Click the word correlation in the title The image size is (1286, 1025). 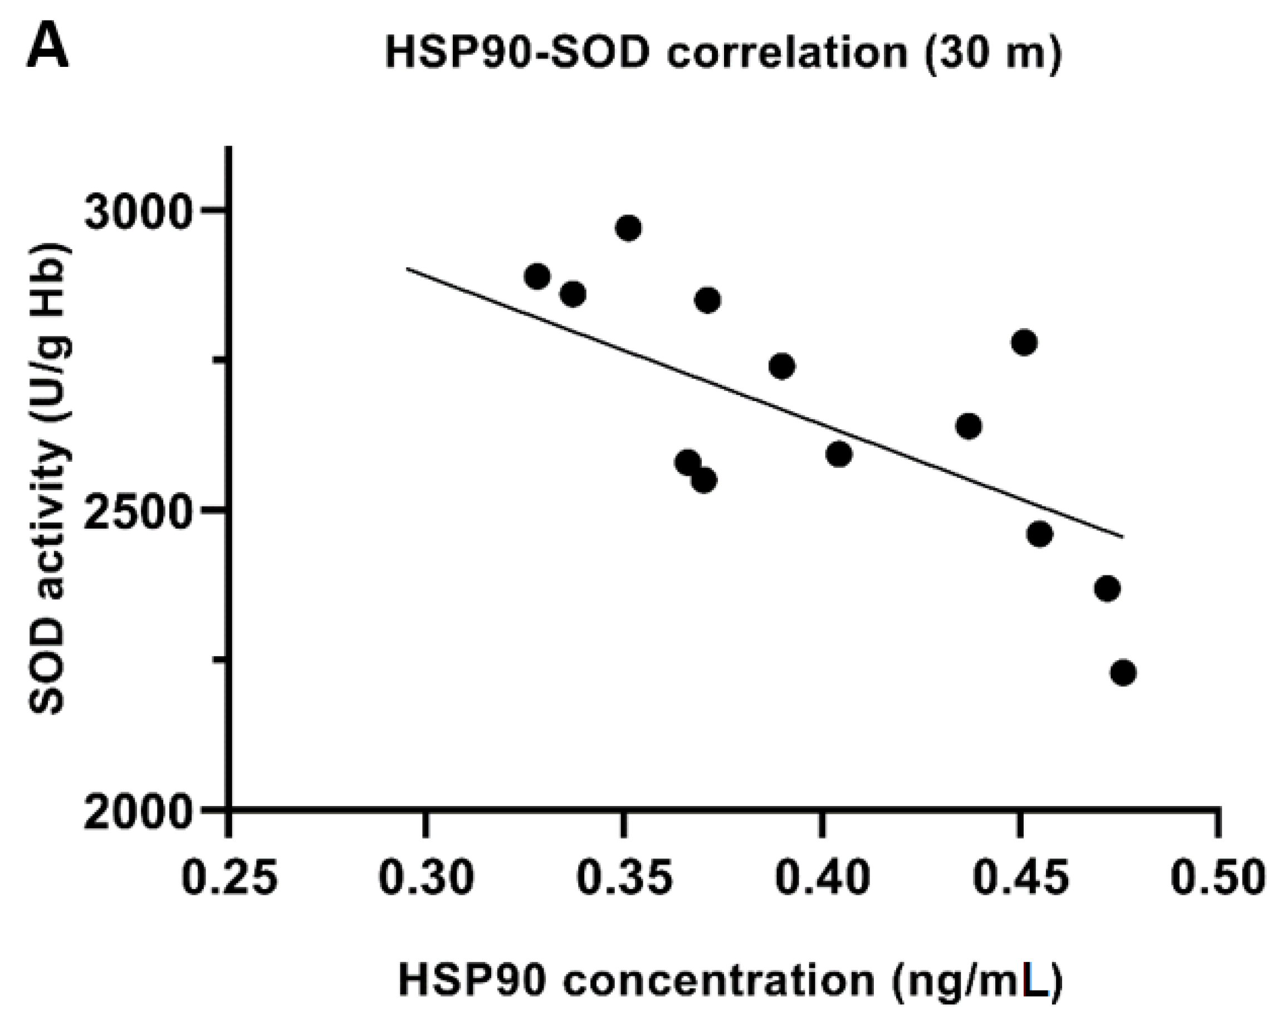pos(787,53)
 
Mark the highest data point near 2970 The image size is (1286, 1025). pos(629,228)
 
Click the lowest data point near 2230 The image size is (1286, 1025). pos(1123,673)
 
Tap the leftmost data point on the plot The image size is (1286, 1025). pos(537,276)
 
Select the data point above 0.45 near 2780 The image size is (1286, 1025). pos(1025,343)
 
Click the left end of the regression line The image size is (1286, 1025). pos(407,269)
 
